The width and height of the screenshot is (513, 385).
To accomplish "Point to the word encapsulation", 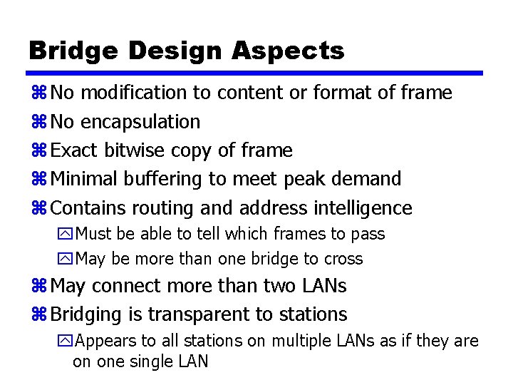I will click(x=140, y=122).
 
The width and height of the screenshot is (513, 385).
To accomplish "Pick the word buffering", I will click(x=160, y=179).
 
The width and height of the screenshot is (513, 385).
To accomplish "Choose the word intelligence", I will click(x=363, y=208).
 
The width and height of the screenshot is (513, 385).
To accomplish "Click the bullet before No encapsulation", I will click(x=38, y=122).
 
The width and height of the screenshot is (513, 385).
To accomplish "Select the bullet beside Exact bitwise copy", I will click(x=38, y=150).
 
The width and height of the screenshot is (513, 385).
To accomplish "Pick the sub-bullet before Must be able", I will click(x=67, y=234).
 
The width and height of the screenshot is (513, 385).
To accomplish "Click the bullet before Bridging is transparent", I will click(x=38, y=314).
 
